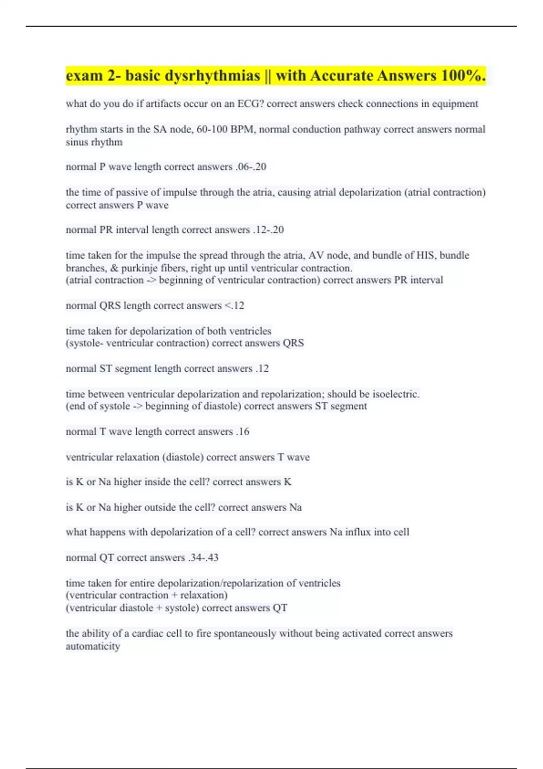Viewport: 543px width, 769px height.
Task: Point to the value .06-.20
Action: (x=251, y=167)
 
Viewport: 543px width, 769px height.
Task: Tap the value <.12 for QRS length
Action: (x=234, y=306)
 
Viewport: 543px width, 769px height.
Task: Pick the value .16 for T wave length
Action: (x=243, y=432)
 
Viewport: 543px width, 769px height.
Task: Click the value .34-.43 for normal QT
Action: (x=203, y=558)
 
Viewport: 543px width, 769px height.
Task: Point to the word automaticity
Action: (x=93, y=646)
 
